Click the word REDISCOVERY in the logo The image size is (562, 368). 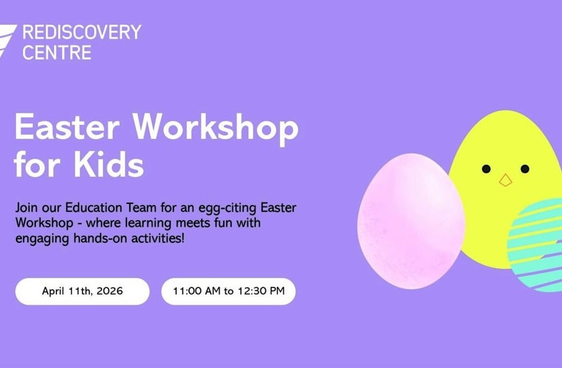pos(82,32)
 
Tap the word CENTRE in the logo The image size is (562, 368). pos(57,52)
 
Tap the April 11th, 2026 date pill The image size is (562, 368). pos(82,291)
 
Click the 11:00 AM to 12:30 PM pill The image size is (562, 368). pos(229,291)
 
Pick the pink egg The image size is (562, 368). pos(410,221)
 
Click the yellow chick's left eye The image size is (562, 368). pos(486,169)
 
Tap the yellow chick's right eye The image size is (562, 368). pos(525,169)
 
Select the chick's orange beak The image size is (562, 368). pos(506,180)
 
